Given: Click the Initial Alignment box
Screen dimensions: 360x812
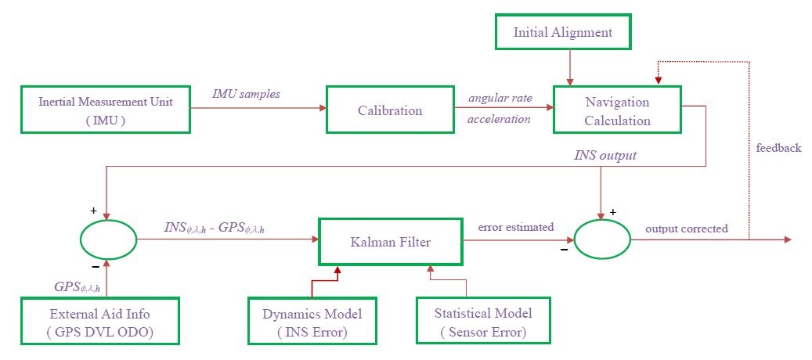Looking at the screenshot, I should click(x=562, y=33).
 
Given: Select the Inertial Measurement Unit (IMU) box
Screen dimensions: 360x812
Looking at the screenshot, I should click(x=105, y=110).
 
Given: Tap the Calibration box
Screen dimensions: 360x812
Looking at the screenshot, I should click(x=390, y=110).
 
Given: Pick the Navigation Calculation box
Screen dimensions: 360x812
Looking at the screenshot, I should click(x=617, y=111).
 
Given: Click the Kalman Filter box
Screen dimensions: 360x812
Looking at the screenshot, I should click(x=391, y=242).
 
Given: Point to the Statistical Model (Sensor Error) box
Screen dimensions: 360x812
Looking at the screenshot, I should click(x=482, y=322).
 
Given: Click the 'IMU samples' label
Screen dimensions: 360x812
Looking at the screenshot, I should click(x=246, y=94).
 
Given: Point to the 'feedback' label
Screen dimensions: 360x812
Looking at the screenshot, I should click(x=778, y=147).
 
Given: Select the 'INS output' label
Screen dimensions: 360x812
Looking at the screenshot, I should click(x=605, y=156).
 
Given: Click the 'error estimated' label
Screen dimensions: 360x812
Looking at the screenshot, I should click(x=516, y=227).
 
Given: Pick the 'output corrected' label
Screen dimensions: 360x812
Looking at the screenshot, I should click(x=686, y=229).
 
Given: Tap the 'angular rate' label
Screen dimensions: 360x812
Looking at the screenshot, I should click(x=500, y=98).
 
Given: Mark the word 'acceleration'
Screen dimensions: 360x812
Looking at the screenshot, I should click(x=499, y=119).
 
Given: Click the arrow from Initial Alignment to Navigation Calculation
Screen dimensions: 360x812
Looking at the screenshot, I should click(x=570, y=67).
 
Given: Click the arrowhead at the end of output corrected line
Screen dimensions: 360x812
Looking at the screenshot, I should click(x=787, y=239).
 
